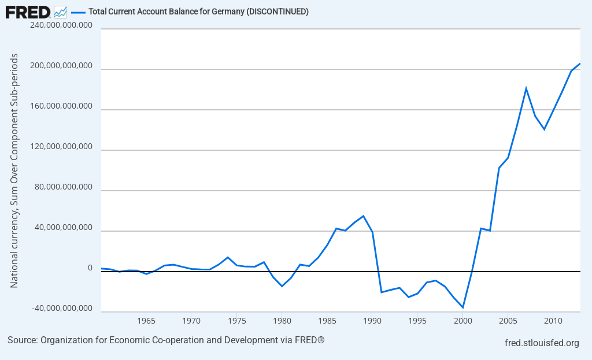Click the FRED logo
[x=28, y=11]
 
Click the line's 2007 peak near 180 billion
[x=526, y=88]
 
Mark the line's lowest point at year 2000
[x=463, y=307]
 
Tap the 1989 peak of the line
[x=363, y=216]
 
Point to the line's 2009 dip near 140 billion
[x=544, y=129]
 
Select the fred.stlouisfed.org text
[x=542, y=343]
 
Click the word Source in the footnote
[x=22, y=340]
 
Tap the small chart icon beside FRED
[x=60, y=12]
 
